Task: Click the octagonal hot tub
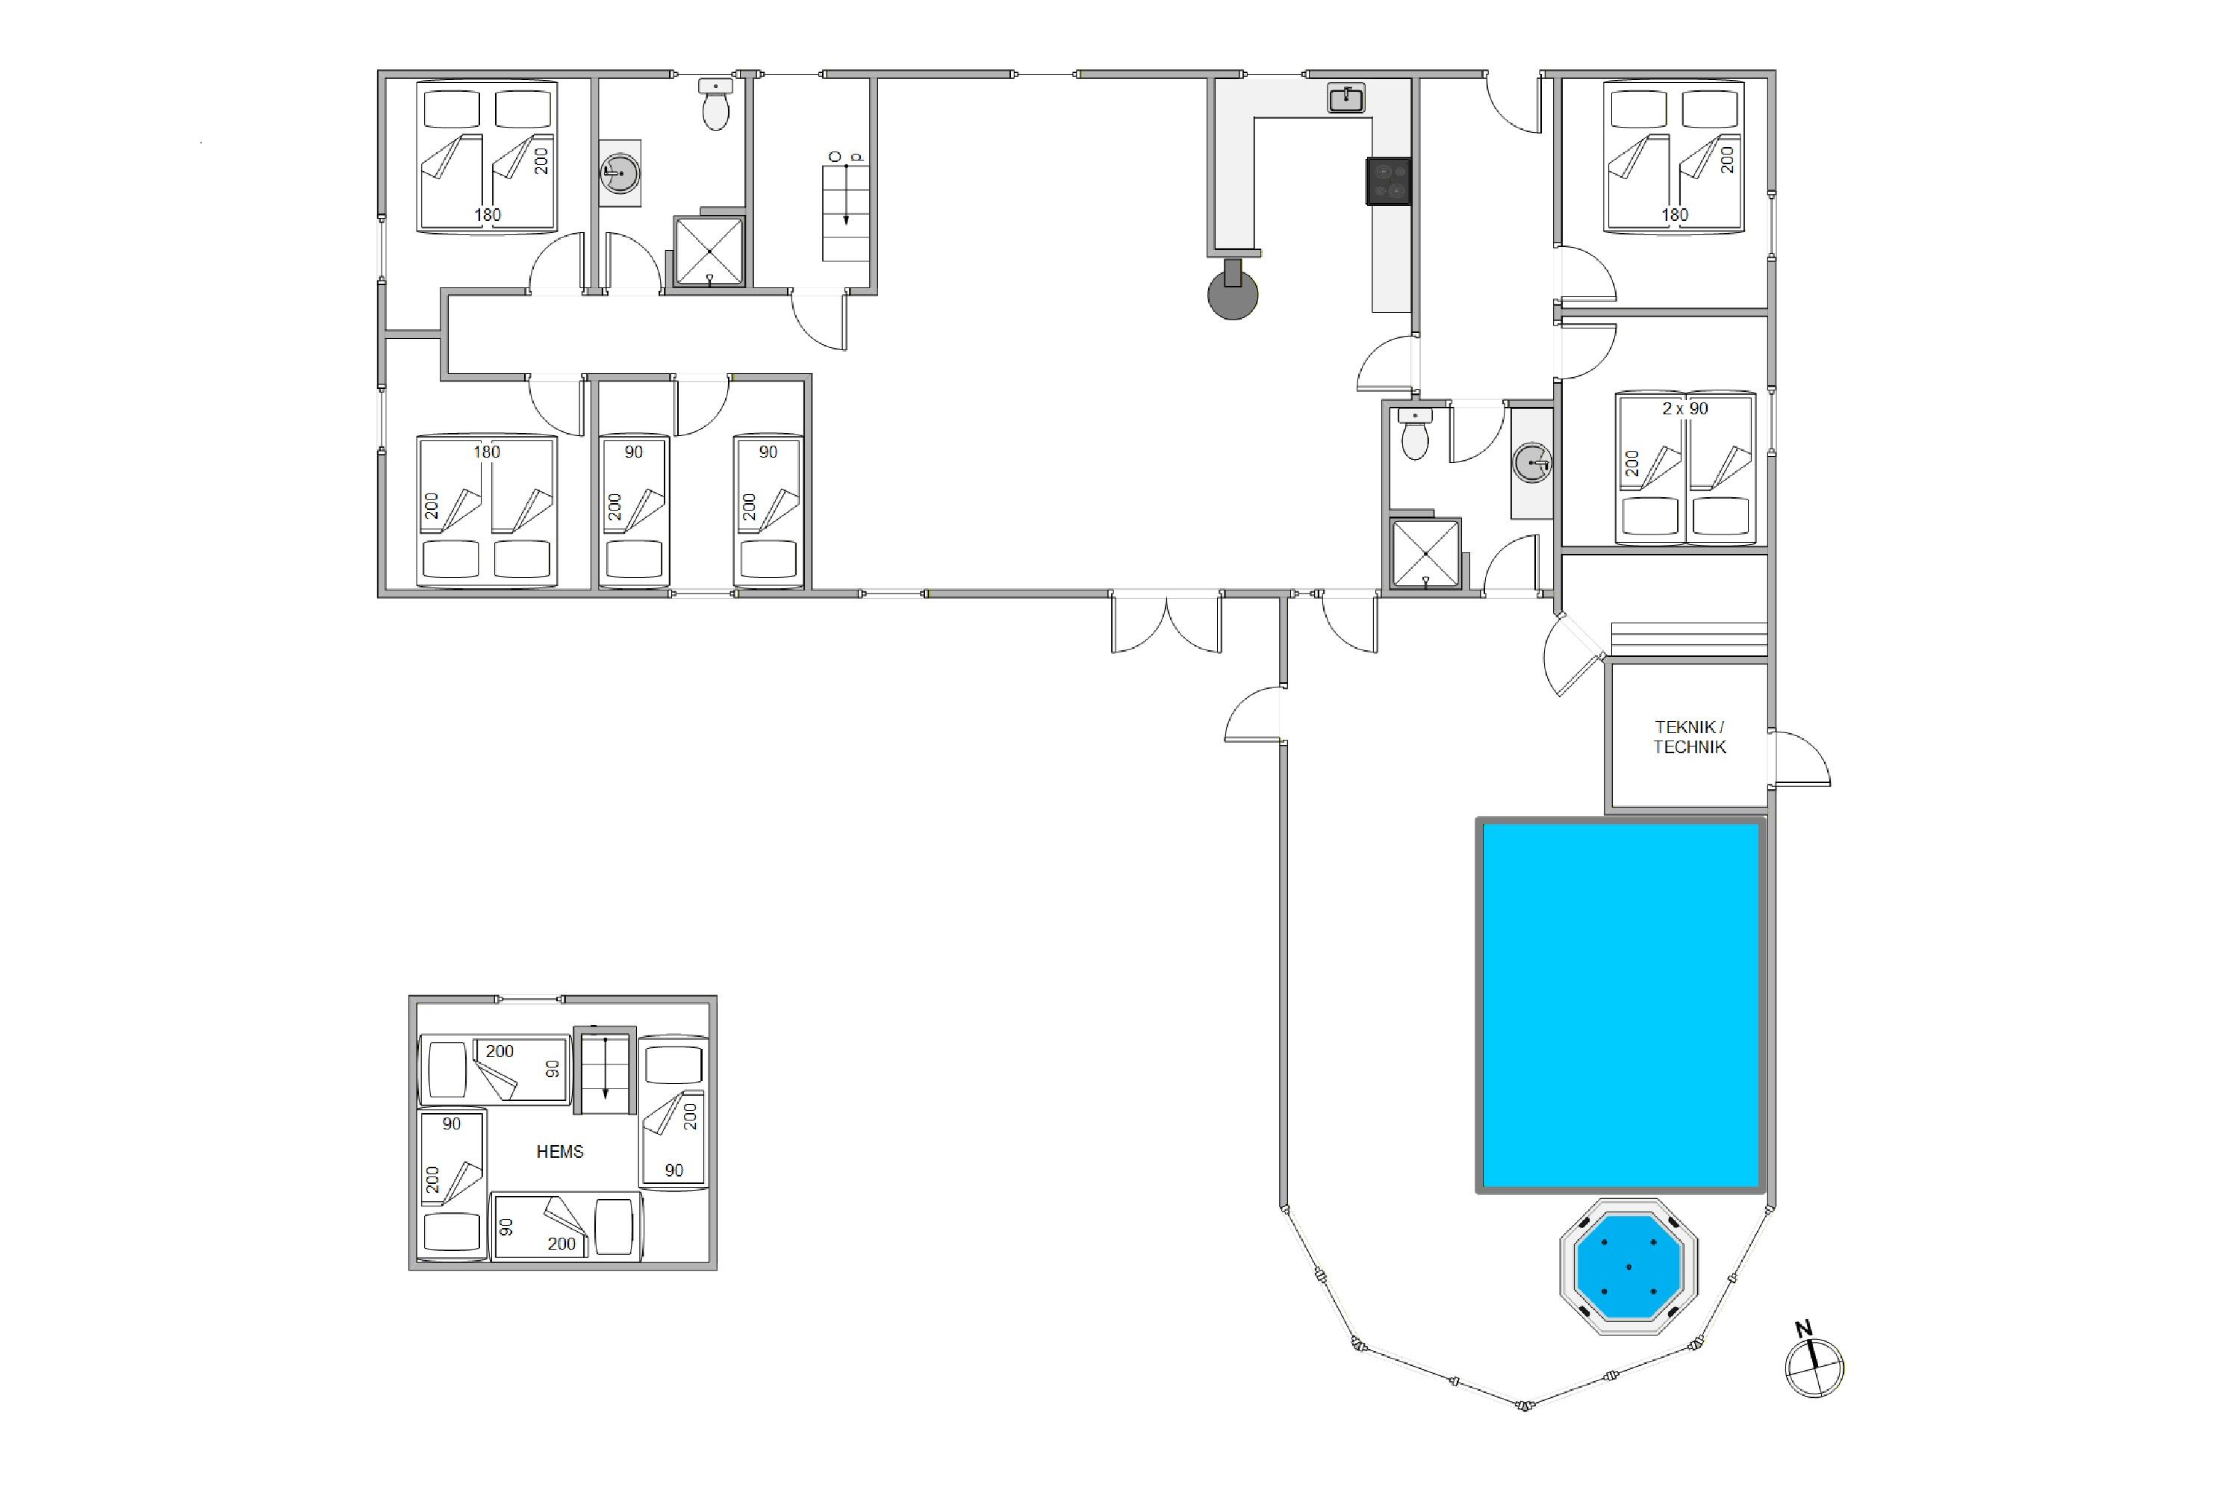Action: pos(1628,1266)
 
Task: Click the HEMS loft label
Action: pos(560,1151)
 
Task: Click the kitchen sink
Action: pos(1345,98)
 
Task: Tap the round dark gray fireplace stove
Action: pos(1233,293)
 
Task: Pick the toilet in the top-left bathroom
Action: pos(715,104)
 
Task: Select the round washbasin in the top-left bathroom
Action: pos(620,173)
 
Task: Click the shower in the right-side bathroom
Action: pos(1425,553)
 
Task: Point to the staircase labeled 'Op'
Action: pos(846,212)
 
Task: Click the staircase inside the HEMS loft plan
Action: pos(605,1070)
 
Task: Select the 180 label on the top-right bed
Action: pos(1674,215)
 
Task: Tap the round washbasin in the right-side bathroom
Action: pos(1531,463)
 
